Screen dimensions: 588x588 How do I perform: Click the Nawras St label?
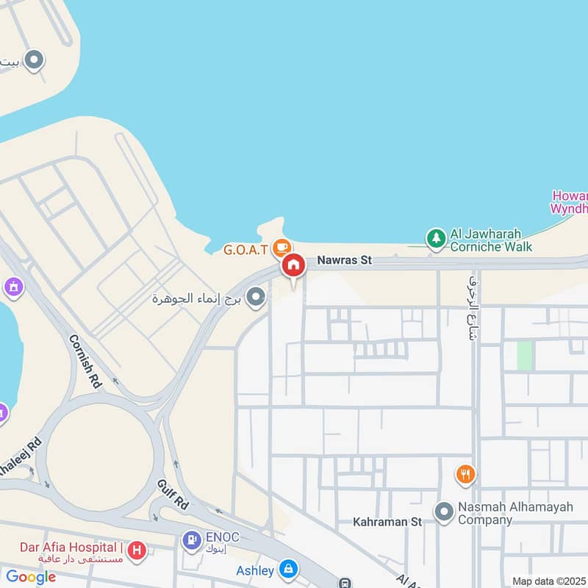point(345,260)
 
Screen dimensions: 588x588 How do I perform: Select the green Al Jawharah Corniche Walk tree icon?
point(437,237)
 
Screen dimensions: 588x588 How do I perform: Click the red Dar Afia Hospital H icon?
point(136,550)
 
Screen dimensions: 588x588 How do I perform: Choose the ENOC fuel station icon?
point(191,541)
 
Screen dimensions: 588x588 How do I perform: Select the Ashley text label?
point(255,570)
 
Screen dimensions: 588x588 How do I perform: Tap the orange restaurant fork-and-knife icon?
point(465,474)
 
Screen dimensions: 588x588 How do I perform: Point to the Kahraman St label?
point(387,522)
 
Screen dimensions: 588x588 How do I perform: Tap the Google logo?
point(31,577)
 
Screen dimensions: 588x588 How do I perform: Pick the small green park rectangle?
point(524,356)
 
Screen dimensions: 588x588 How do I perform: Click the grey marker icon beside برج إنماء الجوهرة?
point(256,298)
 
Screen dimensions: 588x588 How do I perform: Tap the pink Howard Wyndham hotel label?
point(570,202)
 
